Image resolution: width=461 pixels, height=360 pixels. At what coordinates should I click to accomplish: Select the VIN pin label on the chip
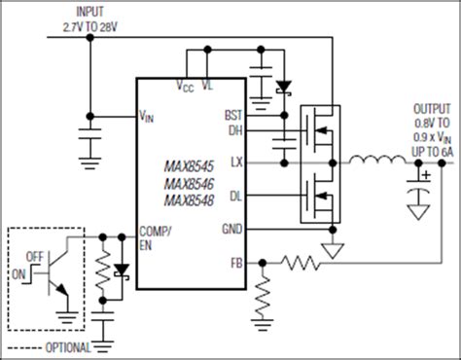point(147,117)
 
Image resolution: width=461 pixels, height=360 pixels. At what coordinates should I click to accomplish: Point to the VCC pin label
point(184,87)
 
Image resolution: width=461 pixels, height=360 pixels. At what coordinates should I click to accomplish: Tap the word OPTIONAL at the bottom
point(67,346)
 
